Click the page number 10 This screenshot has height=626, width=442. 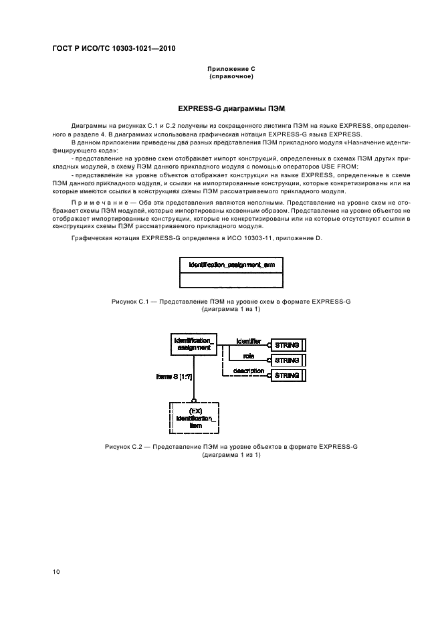pyautogui.click(x=56, y=571)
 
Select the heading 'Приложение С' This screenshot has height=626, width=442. pyautogui.click(x=231, y=69)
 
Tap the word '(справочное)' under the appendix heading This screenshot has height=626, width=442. pyautogui.click(x=231, y=76)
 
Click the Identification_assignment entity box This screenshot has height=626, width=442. pyautogui.click(x=193, y=344)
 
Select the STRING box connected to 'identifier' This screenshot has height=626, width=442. pyautogui.click(x=288, y=344)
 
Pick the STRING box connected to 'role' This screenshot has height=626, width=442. pyautogui.click(x=288, y=360)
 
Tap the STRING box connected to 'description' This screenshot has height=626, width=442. pyautogui.click(x=288, y=375)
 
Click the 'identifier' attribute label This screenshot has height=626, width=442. pyautogui.click(x=248, y=340)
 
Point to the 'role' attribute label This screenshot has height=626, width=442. pyautogui.click(x=248, y=356)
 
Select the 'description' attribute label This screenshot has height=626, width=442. pyautogui.click(x=249, y=371)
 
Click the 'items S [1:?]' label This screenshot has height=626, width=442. pyautogui.click(x=175, y=377)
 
